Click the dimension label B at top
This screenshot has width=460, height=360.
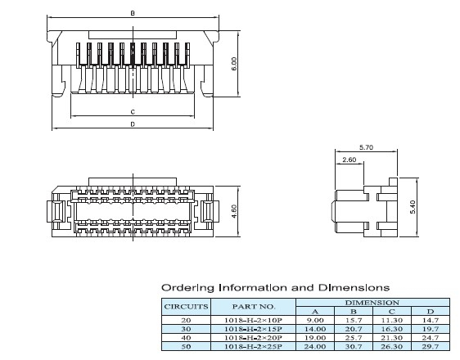pyautogui.click(x=133, y=13)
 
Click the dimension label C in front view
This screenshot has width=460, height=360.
pyautogui.click(x=133, y=111)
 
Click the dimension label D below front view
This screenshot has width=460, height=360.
pyautogui.click(x=133, y=124)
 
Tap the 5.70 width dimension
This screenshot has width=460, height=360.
pyautogui.click(x=366, y=148)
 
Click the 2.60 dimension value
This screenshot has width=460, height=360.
pyautogui.click(x=350, y=160)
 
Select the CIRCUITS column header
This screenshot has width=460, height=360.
pyautogui.click(x=187, y=307)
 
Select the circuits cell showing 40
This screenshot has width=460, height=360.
pyautogui.click(x=187, y=338)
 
